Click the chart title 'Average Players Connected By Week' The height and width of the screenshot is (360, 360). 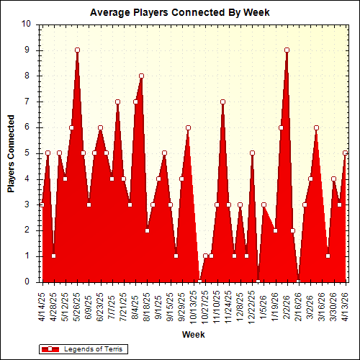point(179,12)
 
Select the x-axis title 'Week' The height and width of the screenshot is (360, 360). point(192,335)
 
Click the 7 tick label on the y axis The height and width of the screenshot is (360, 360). point(28,102)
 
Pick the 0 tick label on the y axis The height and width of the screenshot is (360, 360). point(28,282)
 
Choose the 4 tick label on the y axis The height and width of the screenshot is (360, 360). point(28,179)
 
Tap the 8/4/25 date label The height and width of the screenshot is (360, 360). point(135,305)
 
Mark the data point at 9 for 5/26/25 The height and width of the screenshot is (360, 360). point(77,50)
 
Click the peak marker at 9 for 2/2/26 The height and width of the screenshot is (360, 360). point(287,50)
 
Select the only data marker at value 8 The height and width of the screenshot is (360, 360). point(141,76)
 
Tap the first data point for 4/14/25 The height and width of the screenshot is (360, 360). point(42,204)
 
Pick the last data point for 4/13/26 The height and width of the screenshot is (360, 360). point(346,153)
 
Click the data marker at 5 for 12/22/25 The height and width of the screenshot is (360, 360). point(252,153)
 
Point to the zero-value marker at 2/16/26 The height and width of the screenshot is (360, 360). point(299,282)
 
